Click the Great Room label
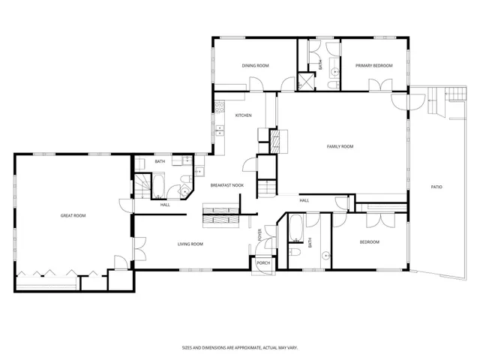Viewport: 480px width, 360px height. (x=73, y=216)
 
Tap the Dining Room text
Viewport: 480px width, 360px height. (x=255, y=66)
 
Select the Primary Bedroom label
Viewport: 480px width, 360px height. (x=374, y=66)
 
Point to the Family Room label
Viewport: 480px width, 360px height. (x=340, y=146)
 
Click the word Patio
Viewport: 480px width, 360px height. (x=436, y=187)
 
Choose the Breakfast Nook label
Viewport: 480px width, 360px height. (x=226, y=185)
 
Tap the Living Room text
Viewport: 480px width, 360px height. (x=190, y=244)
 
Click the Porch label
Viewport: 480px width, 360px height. (x=263, y=263)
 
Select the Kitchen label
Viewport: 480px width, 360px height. (x=243, y=115)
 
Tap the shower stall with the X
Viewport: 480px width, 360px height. (x=307, y=81)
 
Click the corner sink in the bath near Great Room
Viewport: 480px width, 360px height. (x=184, y=190)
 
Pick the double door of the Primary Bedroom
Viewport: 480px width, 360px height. (x=382, y=88)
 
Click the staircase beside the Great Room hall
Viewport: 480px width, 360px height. (x=142, y=185)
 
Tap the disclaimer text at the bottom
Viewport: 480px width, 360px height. (x=239, y=347)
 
